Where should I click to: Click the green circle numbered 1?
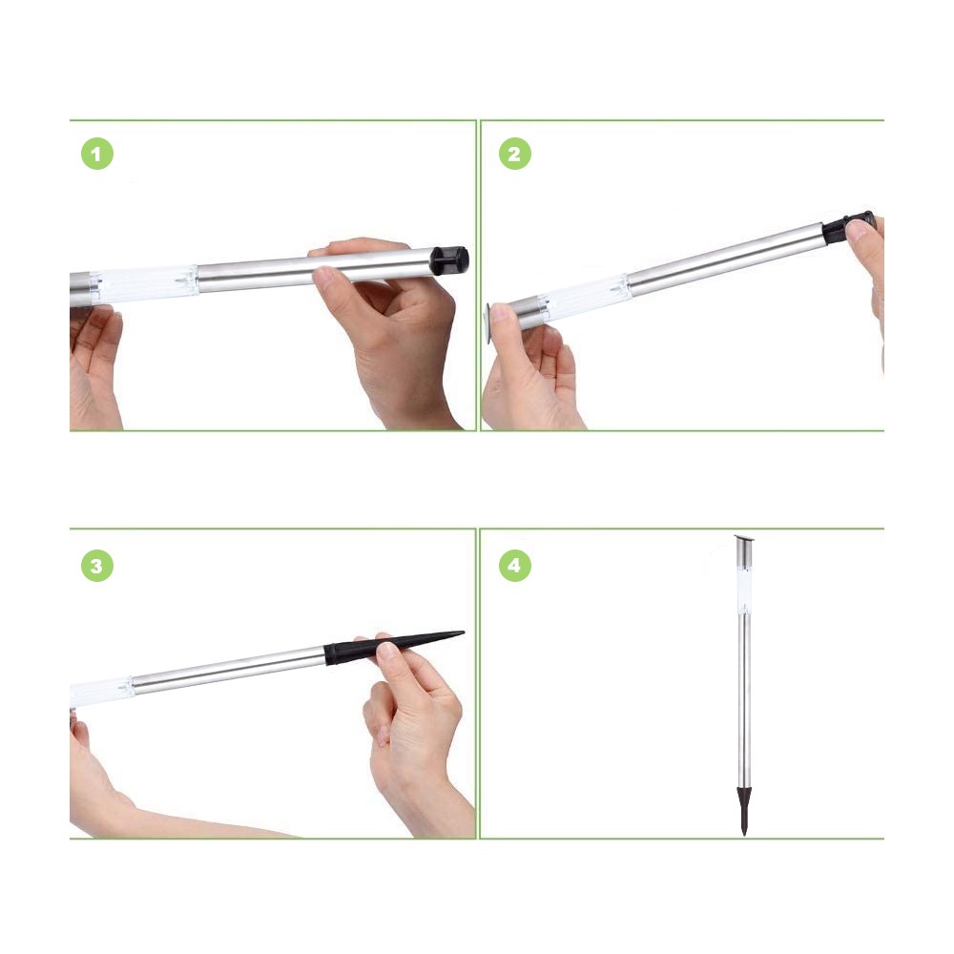click(96, 155)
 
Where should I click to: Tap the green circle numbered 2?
click(514, 155)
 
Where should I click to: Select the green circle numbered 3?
click(96, 566)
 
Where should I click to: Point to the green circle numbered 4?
click(514, 566)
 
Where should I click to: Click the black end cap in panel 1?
click(449, 259)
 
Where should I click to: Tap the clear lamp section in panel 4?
click(744, 582)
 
